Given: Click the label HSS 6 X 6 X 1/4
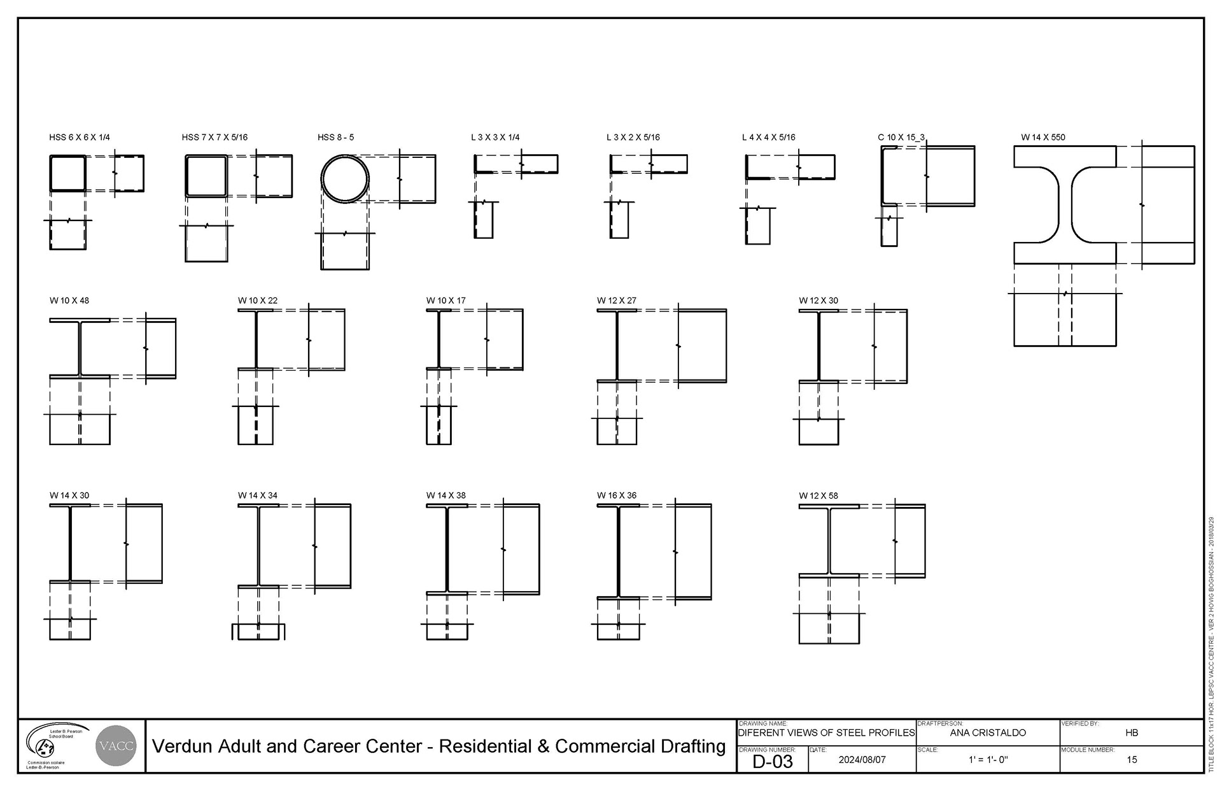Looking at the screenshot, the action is (80, 138).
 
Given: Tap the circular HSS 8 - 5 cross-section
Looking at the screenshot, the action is (345, 179).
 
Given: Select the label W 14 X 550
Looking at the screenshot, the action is (1043, 138).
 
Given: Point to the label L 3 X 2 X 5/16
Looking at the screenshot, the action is (633, 138).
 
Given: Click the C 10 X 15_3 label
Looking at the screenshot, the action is (901, 138).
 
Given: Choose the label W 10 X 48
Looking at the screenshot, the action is (69, 301).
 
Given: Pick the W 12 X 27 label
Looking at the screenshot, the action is (616, 301).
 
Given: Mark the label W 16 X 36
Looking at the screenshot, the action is (616, 495).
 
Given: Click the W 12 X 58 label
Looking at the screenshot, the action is (818, 495).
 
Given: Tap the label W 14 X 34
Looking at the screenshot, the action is (258, 495).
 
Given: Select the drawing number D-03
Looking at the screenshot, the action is (772, 761).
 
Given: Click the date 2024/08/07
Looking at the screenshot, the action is (862, 760).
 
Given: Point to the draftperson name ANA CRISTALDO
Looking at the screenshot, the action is (988, 733).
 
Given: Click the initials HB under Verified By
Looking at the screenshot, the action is (1131, 733).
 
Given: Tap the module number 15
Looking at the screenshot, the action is (1131, 760).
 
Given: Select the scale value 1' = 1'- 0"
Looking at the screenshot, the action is (988, 760).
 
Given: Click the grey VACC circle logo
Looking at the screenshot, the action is (115, 746).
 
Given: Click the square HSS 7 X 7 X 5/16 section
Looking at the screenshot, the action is (206, 175).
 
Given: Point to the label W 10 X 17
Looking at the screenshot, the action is (446, 301).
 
